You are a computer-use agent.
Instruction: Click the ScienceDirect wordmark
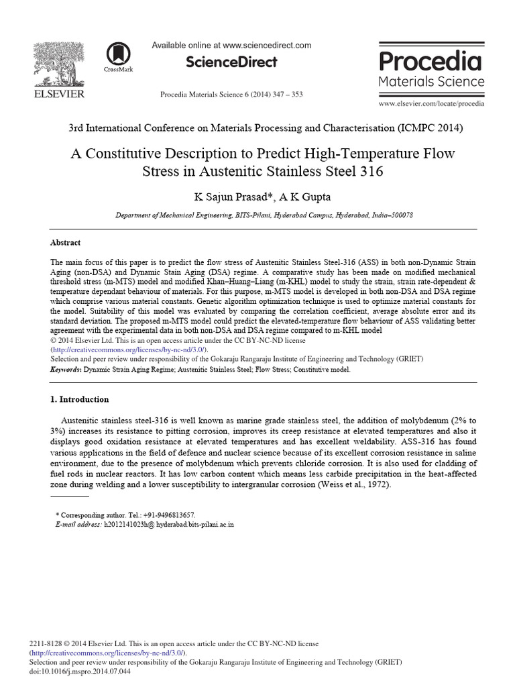(231, 62)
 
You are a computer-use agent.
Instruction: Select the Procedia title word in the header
(431, 62)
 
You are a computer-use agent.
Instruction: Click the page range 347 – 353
(284, 95)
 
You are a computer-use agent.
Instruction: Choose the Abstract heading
(66, 242)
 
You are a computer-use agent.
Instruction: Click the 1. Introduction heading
(80, 399)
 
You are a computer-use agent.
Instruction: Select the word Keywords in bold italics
(66, 369)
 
